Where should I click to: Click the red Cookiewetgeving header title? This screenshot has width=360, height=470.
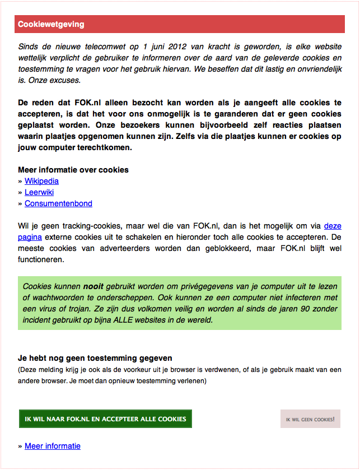(51, 25)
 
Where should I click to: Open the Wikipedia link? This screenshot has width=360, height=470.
(41, 181)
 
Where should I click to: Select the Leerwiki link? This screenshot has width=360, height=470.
(39, 192)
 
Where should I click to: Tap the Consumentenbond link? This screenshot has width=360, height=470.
(58, 203)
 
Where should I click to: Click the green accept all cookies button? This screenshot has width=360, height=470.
(105, 419)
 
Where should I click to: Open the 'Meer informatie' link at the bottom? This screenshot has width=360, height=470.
(53, 446)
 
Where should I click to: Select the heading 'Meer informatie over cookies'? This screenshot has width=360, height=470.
(73, 170)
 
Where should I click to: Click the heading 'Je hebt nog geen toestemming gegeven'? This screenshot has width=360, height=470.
(95, 358)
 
